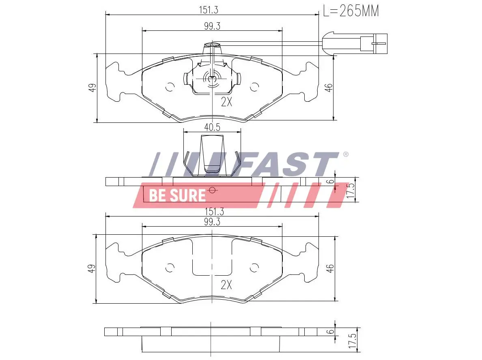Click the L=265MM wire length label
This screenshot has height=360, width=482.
pos(351,11)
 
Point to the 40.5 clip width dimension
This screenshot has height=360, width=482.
pos(212,127)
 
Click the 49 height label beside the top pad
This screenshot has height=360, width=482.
pos(93,87)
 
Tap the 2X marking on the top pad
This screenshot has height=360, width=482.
pos(226,102)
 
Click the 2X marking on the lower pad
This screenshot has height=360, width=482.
pos(226,285)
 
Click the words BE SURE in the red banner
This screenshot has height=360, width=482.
pos(177,195)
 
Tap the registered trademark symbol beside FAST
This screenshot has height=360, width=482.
pos(346,154)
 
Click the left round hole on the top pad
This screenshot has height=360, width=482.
pos(170,87)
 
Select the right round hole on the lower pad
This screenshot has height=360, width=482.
pos(254,268)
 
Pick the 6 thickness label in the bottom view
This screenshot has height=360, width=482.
pos(331,331)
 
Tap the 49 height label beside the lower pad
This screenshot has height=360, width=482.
pos(93,268)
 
